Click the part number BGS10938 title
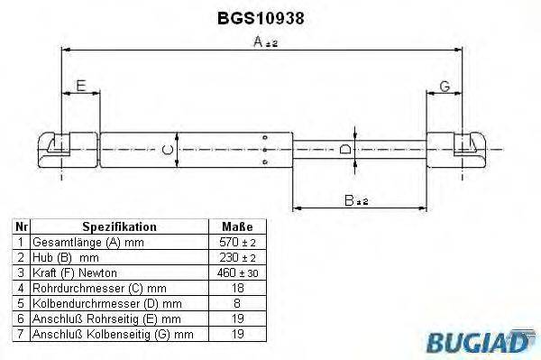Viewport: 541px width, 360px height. pos(261,18)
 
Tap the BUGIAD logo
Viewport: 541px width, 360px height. pos(481,342)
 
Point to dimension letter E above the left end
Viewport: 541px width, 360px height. pos(81,86)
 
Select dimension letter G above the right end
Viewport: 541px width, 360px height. pos(445,86)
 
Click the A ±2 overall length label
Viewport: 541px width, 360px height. pos(265,42)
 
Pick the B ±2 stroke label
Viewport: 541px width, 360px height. pos(356,200)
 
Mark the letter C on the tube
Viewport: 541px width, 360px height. pos(168,150)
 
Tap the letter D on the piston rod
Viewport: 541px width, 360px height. pos(345,149)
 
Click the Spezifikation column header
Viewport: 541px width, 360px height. pos(119,226)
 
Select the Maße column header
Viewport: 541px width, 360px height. pos(237,226)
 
